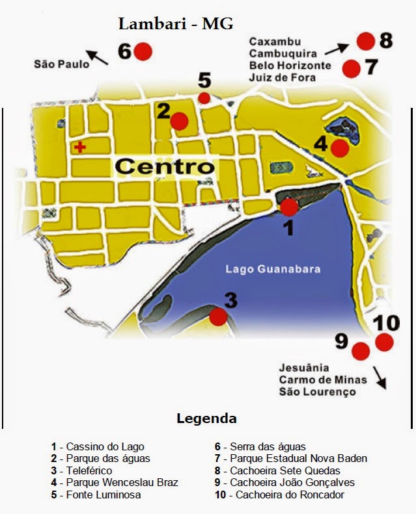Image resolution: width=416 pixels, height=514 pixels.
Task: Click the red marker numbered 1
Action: click(x=288, y=207)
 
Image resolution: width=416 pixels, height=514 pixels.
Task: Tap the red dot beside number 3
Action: click(x=218, y=316)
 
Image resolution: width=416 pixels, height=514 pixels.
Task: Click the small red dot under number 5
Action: click(x=204, y=98)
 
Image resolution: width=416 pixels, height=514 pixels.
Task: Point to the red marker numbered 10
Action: click(x=384, y=342)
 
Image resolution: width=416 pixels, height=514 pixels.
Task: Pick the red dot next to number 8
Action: click(x=365, y=41)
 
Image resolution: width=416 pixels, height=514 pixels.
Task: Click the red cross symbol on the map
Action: click(x=80, y=147)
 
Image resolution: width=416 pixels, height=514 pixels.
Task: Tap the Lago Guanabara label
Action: click(x=273, y=269)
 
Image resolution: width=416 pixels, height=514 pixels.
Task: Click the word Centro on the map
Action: click(x=165, y=166)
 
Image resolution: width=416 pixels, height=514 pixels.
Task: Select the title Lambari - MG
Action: click(x=175, y=25)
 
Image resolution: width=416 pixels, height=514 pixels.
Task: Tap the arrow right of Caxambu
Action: click(x=339, y=47)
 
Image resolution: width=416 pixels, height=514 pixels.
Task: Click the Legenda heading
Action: click(x=206, y=418)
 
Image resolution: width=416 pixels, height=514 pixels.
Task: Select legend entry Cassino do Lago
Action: click(x=98, y=447)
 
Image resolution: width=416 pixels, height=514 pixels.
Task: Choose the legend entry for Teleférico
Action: click(x=81, y=470)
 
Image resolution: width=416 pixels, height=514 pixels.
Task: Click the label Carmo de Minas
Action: click(x=323, y=379)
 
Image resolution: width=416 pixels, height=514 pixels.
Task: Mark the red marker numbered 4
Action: click(x=339, y=148)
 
